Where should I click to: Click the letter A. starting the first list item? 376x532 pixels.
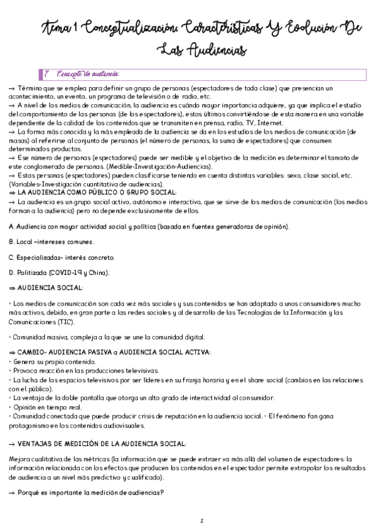point(12,226)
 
